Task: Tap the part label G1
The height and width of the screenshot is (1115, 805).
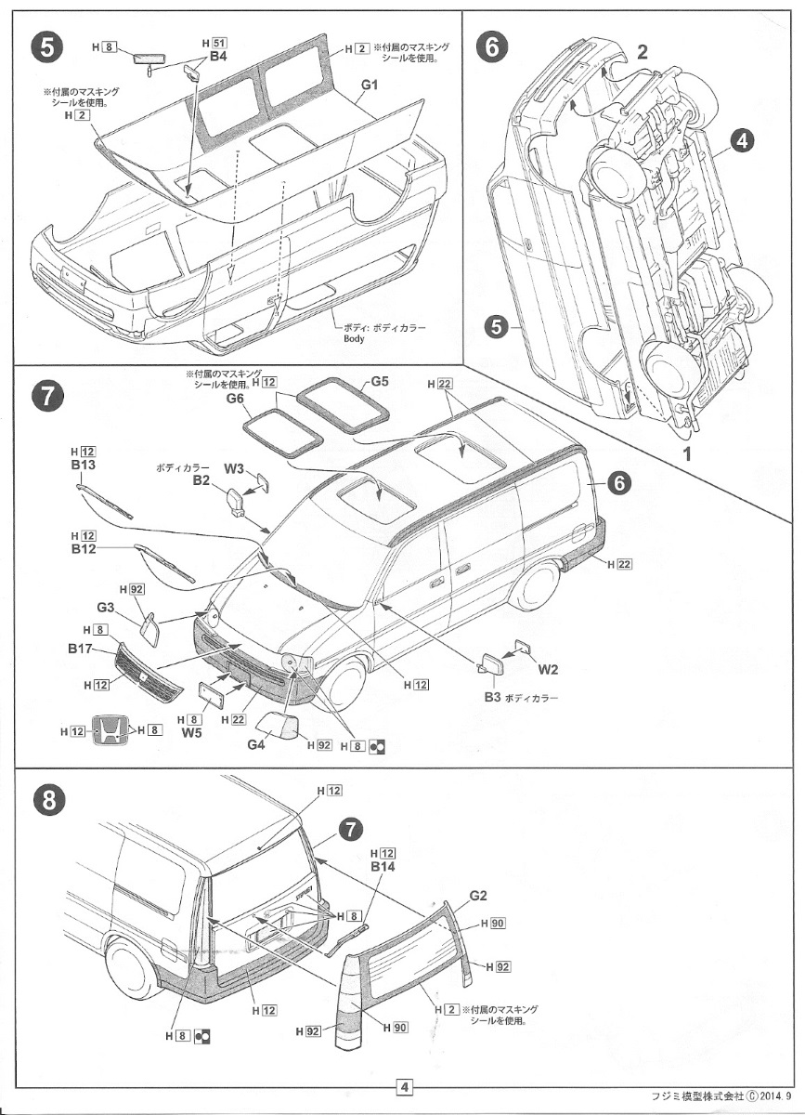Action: [x=370, y=85]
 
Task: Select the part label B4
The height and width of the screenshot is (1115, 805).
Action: [x=218, y=56]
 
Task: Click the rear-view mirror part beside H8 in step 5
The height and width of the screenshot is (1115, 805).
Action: [x=149, y=59]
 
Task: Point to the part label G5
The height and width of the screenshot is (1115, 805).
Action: [x=380, y=381]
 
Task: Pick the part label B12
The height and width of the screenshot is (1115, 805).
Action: [x=84, y=549]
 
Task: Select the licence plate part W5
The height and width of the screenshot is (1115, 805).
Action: [x=213, y=694]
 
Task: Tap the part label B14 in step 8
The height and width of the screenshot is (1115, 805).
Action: [x=383, y=866]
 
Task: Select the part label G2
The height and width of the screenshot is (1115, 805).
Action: [x=478, y=896]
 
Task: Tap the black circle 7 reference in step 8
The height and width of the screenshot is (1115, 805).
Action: [x=349, y=829]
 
